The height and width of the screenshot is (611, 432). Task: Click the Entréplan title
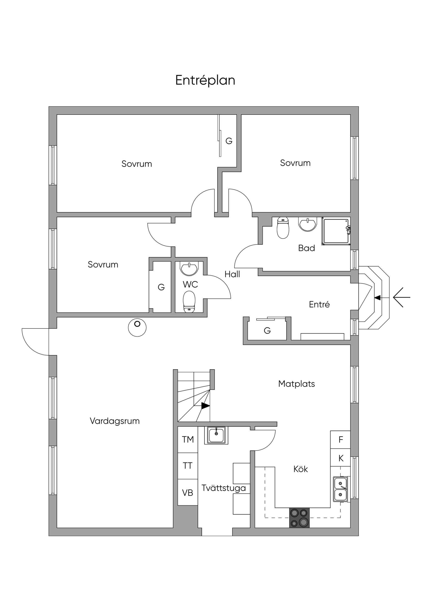[205, 80]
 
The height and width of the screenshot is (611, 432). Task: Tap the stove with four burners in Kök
[299, 518]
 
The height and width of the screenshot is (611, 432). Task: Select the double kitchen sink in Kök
[340, 489]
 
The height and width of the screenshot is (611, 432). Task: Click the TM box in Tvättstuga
[188, 440]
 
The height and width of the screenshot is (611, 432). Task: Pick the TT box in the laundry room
[188, 466]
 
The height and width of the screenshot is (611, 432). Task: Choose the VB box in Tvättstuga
[188, 493]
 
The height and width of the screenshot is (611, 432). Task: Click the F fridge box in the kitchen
[340, 440]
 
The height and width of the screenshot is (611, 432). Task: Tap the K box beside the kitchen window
[340, 458]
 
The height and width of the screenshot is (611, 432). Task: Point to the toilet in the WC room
[189, 301]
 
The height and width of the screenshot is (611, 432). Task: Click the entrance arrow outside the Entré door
[401, 298]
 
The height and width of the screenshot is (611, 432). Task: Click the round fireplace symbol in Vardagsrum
[137, 328]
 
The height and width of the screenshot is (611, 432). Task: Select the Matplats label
[297, 384]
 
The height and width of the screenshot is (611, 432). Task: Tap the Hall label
[232, 274]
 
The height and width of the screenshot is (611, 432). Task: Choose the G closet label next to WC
[161, 287]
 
